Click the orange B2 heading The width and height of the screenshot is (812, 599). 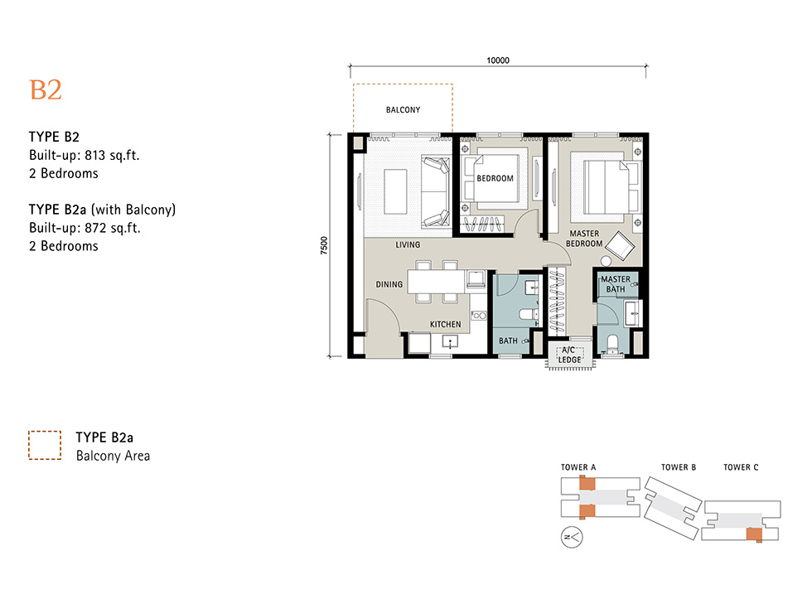coord(46,90)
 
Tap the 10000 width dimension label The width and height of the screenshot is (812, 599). coord(498,60)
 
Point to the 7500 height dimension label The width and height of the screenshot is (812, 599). coord(324,245)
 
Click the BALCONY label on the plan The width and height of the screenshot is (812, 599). coord(403,109)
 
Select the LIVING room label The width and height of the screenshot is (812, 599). coord(408,244)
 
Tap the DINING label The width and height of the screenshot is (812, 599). coord(389,284)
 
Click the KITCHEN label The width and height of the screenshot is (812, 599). coord(446,324)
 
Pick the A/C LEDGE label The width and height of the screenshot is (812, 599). coord(569,355)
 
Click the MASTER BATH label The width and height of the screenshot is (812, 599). coord(616,283)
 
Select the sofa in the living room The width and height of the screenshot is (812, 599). coord(435,192)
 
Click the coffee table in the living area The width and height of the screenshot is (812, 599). coord(396,192)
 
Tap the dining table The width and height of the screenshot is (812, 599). coord(436,282)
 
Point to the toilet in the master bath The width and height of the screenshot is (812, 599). coord(612,344)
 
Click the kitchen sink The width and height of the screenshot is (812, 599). coord(450,341)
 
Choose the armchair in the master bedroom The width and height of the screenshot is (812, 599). coord(620,245)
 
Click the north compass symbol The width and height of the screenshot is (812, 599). coord(572,538)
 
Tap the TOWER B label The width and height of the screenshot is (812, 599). coord(679,467)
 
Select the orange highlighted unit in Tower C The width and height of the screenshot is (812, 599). coord(754,534)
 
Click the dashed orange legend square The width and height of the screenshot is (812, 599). coord(45,445)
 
